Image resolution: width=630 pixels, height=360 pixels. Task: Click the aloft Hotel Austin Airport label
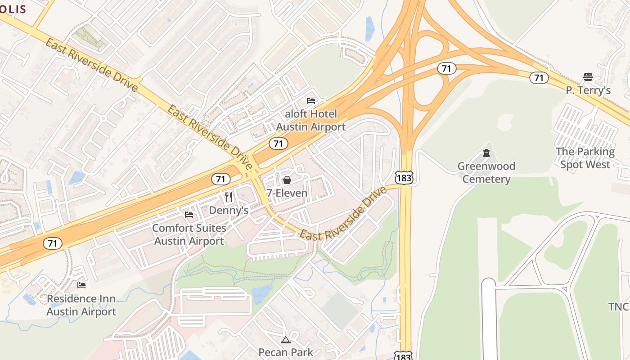pyautogui.click(x=310, y=121)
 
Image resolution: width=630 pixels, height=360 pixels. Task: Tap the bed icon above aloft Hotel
pyautogui.click(x=310, y=101)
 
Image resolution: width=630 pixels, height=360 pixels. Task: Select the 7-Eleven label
pyautogui.click(x=287, y=193)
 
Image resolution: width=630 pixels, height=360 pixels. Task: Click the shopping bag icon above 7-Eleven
pyautogui.click(x=287, y=180)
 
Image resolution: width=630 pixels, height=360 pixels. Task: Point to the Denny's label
pyautogui.click(x=229, y=210)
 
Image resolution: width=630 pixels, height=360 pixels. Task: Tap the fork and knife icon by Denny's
pyautogui.click(x=229, y=197)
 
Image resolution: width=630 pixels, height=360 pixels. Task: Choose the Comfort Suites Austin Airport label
pyautogui.click(x=189, y=234)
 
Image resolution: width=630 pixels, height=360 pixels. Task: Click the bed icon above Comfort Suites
pyautogui.click(x=189, y=215)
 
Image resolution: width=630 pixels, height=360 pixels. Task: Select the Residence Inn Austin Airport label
pyautogui.click(x=81, y=305)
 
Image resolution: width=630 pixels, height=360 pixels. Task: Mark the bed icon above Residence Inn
pyautogui.click(x=81, y=285)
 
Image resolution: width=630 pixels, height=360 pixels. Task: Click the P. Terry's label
pyautogui.click(x=588, y=90)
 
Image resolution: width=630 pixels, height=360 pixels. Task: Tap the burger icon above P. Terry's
pyautogui.click(x=588, y=76)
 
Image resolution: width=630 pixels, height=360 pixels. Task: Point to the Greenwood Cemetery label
pyautogui.click(x=486, y=173)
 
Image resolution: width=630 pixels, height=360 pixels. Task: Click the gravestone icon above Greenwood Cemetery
pyautogui.click(x=486, y=153)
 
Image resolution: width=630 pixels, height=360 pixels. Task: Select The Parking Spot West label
pyautogui.click(x=585, y=158)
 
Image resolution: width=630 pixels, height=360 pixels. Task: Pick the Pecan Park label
pyautogui.click(x=286, y=352)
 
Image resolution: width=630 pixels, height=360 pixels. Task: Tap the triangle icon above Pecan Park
pyautogui.click(x=286, y=340)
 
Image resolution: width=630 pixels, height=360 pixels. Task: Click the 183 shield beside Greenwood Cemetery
pyautogui.click(x=404, y=178)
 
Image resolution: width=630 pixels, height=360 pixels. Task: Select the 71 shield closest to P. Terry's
pyautogui.click(x=539, y=78)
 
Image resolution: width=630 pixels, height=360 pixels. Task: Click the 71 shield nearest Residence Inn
pyautogui.click(x=53, y=243)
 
